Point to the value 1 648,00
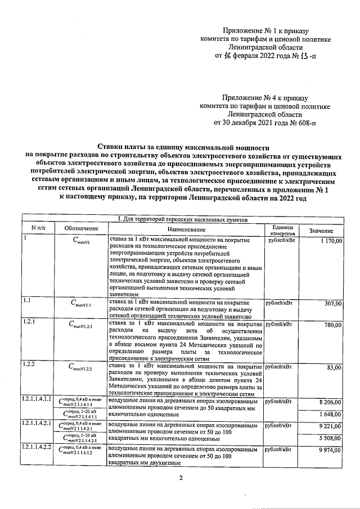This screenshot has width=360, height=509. (331, 414)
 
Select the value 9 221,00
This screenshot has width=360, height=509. (331, 427)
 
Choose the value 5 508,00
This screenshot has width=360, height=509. (331, 438)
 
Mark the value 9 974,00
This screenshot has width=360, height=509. (331, 451)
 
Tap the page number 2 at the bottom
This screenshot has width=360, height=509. (181, 478)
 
